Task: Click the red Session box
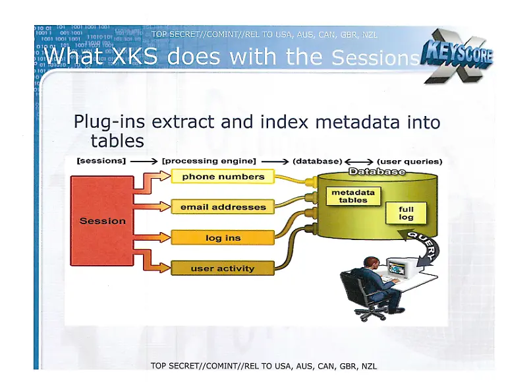click(101, 220)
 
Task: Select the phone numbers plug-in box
click(223, 177)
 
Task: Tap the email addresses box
click(223, 207)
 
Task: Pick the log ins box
click(223, 238)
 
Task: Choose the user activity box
click(223, 268)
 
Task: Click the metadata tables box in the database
click(352, 196)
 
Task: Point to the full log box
click(406, 213)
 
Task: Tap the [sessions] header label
click(101, 161)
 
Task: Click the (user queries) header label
click(409, 161)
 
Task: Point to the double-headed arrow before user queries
click(359, 161)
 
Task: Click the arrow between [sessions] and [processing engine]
click(144, 161)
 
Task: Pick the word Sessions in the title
click(375, 59)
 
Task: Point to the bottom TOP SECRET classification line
click(264, 366)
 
